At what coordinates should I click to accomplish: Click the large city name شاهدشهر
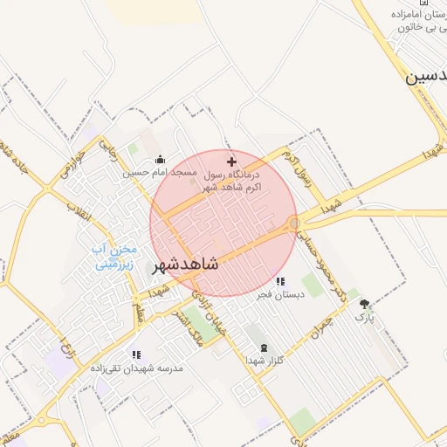pyautogui.click(x=198, y=262)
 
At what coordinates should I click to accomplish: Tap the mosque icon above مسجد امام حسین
pyautogui.click(x=161, y=160)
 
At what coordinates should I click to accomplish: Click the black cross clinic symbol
pyautogui.click(x=231, y=162)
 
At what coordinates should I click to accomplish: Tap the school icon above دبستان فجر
pyautogui.click(x=280, y=282)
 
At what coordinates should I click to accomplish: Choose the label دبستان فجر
pyautogui.click(x=279, y=296)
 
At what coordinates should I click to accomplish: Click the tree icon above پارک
pyautogui.click(x=364, y=305)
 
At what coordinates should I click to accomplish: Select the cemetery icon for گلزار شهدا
pyautogui.click(x=265, y=347)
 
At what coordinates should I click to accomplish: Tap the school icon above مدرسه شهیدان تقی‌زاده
pyautogui.click(x=136, y=354)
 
